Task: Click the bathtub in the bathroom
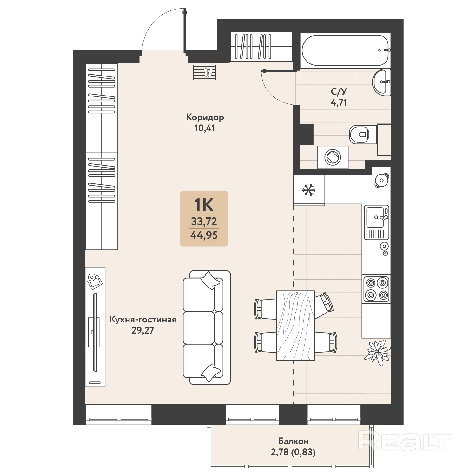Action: tap(345, 50)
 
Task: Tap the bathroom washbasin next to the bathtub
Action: tap(381, 82)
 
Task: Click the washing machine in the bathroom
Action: tap(333, 157)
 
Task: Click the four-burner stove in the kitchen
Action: tap(376, 289)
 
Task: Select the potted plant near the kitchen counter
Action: tap(378, 352)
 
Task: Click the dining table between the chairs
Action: tap(295, 326)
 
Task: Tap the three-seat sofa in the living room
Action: tap(207, 327)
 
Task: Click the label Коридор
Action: tap(205, 117)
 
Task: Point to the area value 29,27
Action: tap(143, 330)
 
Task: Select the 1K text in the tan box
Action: tap(204, 205)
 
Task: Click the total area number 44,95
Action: tap(204, 235)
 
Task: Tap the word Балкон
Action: tap(293, 441)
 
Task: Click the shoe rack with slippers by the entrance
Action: tap(205, 73)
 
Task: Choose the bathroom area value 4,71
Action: tap(339, 103)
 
